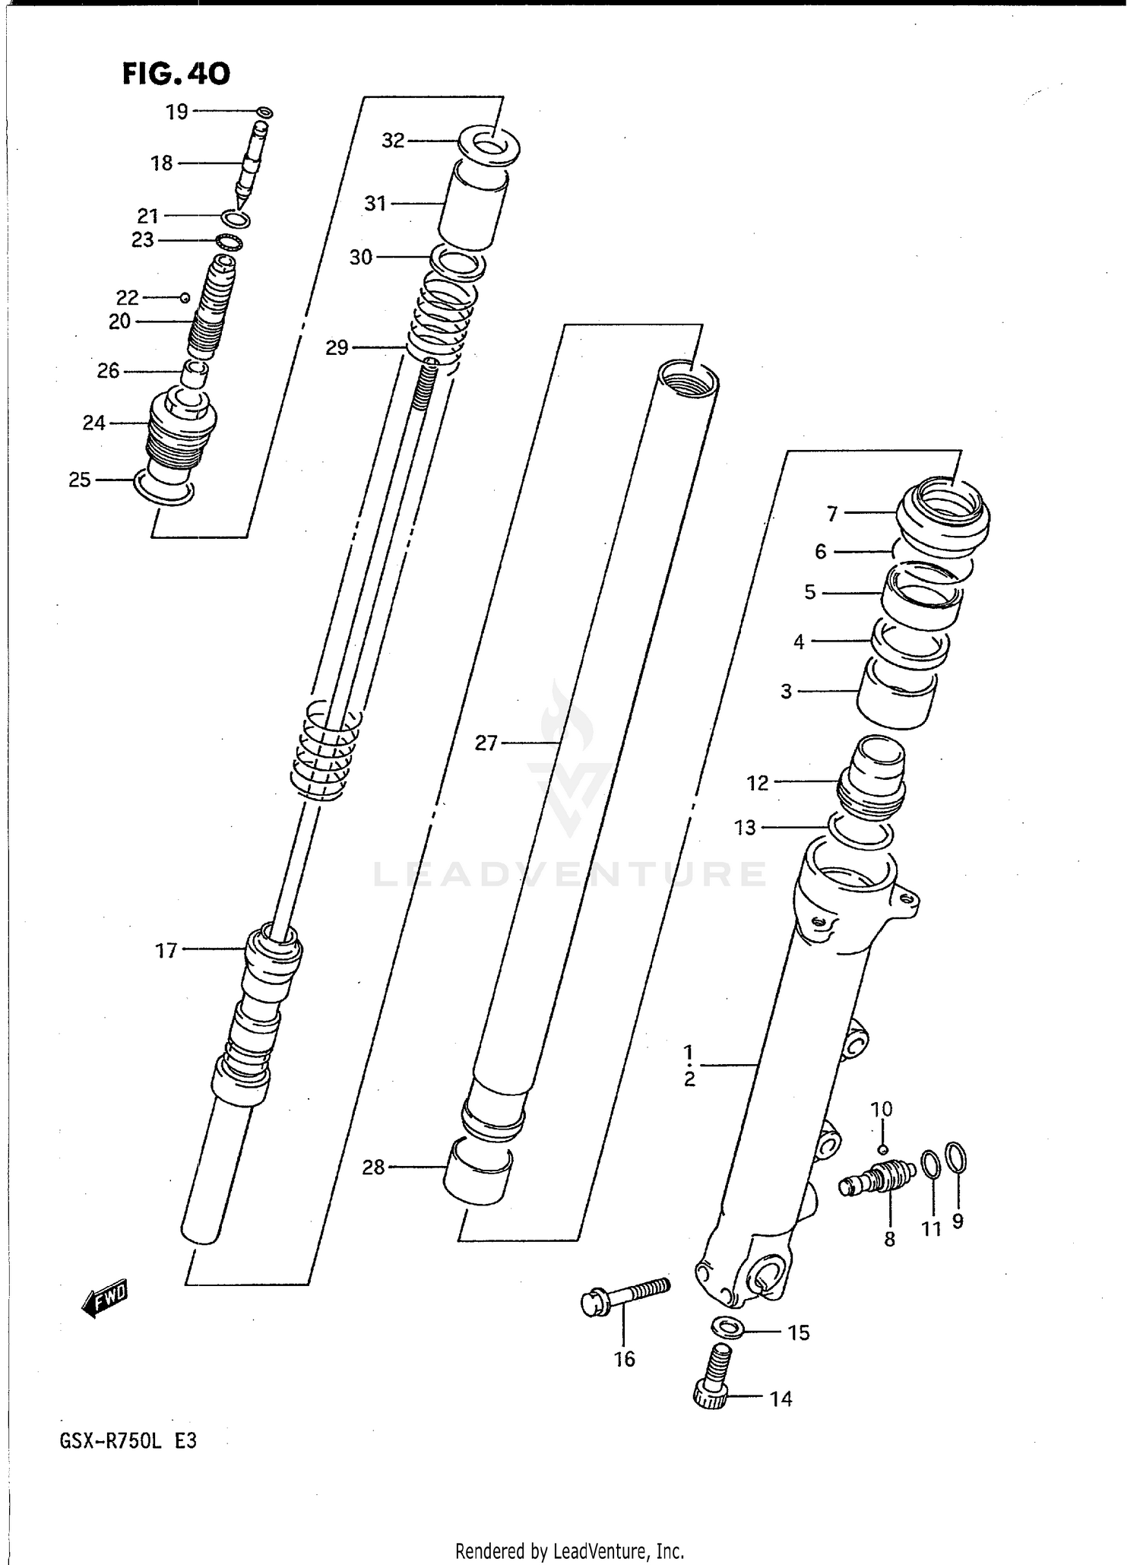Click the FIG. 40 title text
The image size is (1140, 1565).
tap(176, 74)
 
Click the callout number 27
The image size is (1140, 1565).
tap(486, 743)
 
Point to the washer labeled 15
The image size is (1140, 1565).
tap(728, 1328)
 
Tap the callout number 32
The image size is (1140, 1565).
tap(393, 141)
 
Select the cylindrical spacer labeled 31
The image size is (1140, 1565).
tap(473, 205)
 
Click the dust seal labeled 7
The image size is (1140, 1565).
tap(942, 515)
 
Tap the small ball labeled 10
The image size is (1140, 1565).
tap(882, 1149)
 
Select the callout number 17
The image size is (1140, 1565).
tap(166, 950)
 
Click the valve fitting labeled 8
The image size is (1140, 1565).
tap(879, 1182)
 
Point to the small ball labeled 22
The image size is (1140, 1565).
tap(184, 297)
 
